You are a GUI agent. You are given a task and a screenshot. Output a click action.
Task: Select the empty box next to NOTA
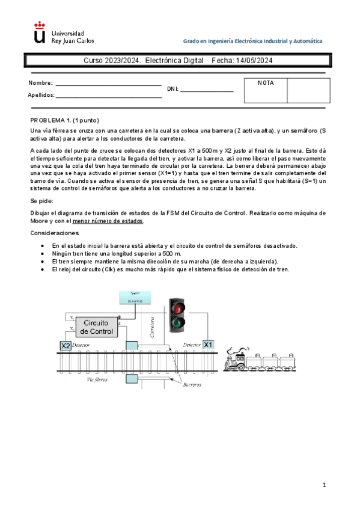(308, 90)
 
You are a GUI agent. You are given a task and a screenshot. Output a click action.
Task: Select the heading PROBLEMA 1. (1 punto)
(64, 120)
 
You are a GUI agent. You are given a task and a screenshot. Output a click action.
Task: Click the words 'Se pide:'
(41, 200)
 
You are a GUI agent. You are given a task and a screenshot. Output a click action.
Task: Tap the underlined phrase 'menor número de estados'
(118, 221)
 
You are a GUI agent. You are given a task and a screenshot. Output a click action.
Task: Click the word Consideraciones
(53, 233)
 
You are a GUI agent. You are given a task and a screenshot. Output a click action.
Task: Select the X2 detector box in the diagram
(66, 345)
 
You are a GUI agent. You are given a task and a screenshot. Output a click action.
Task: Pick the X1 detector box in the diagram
(207, 345)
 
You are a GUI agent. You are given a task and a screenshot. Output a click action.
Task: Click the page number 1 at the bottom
(323, 484)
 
